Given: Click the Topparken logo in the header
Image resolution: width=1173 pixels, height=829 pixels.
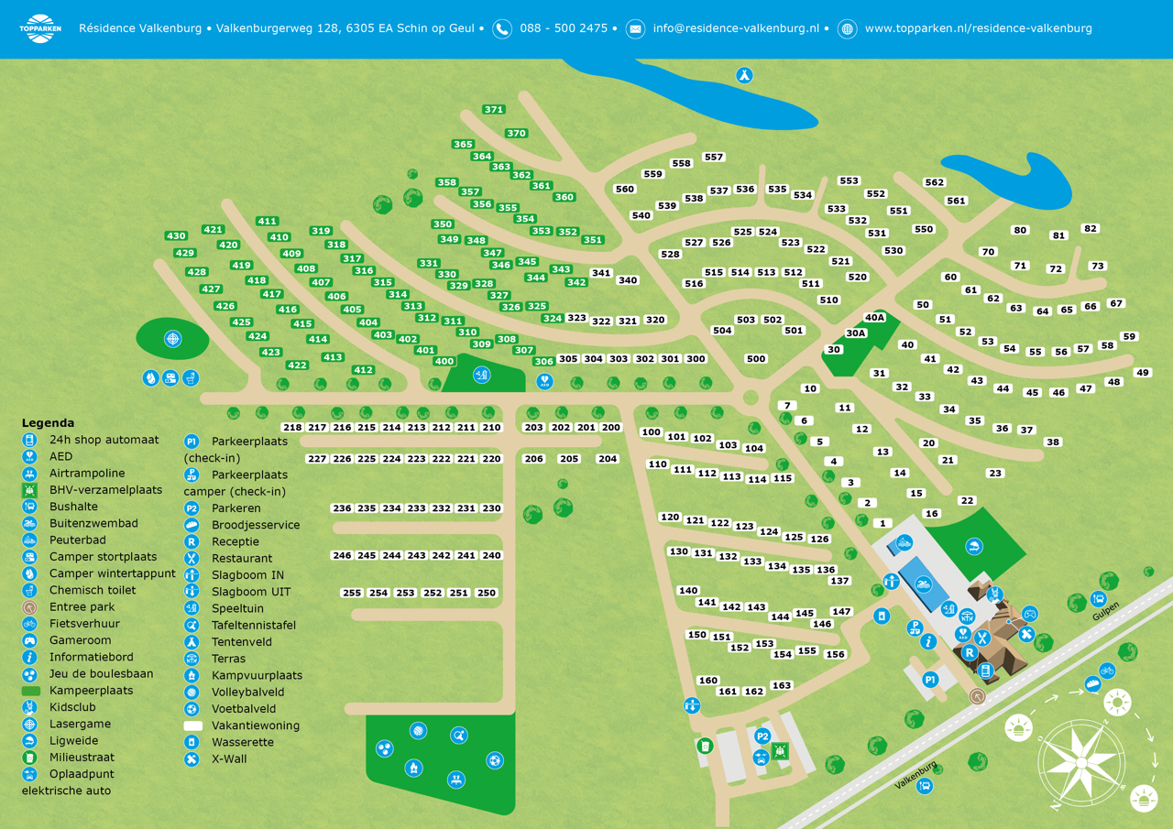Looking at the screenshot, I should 39,28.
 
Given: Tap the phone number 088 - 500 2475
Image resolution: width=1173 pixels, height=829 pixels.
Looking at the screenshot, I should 563,28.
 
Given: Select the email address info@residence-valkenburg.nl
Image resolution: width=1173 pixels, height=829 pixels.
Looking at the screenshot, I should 736,28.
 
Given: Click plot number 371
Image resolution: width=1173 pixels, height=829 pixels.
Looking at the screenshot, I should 494,110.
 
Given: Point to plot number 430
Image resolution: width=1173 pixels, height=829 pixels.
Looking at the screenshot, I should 176,236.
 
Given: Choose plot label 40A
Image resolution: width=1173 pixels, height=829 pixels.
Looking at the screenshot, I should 875,318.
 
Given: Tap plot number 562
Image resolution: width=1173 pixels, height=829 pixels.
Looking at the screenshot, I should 934,182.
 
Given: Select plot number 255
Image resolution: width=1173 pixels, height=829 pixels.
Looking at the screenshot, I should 352,594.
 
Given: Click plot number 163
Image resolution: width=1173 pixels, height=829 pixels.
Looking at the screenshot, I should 782,686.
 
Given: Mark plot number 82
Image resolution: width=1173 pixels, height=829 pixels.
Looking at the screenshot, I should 1090,229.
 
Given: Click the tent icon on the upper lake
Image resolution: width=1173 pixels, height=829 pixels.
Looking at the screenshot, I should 745,75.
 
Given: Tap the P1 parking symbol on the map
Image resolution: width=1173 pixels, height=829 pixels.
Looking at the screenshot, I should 930,680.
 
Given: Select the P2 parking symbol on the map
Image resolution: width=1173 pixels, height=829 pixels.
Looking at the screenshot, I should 762,736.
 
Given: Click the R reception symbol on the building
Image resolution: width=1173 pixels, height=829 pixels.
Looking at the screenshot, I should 969,653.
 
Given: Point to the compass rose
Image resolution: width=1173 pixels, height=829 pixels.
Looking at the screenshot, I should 1081,763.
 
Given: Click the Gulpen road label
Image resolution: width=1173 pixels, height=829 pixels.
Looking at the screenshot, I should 1106,616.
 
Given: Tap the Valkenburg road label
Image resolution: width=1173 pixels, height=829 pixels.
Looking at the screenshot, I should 915,775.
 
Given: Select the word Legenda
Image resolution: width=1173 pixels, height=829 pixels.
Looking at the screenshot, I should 48,423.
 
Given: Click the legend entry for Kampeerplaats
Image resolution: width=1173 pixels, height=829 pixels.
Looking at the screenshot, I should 91,691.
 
